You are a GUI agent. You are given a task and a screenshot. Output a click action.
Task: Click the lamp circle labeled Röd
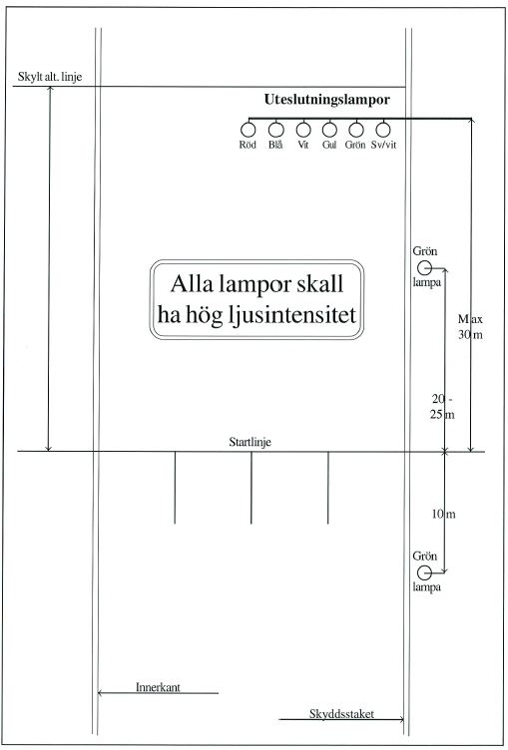249,130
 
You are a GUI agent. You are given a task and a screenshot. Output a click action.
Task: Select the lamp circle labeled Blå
275,130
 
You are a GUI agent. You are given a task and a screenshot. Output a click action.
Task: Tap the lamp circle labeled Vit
303,130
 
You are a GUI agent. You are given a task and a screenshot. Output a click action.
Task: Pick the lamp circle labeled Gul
329,130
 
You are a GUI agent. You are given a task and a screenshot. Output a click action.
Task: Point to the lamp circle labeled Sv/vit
383,130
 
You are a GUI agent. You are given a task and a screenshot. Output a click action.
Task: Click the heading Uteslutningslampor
327,100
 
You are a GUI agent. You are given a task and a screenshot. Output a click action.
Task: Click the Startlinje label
250,442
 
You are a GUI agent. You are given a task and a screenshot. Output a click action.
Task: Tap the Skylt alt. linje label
50,77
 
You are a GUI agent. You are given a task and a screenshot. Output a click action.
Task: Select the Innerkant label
158,687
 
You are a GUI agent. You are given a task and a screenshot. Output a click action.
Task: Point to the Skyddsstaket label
341,714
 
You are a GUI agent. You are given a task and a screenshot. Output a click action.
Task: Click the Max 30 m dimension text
470,327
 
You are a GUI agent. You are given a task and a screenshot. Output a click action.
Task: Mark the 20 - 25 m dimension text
442,407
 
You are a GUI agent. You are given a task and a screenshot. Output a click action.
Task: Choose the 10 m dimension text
443,515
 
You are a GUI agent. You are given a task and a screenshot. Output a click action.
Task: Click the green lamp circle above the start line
424,268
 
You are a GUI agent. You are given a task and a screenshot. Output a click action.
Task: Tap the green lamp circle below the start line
424,572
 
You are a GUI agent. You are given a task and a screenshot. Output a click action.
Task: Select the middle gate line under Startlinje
251,488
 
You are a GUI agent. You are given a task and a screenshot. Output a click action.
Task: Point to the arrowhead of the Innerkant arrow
100,692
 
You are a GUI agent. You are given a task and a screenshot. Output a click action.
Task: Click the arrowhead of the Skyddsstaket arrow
401,719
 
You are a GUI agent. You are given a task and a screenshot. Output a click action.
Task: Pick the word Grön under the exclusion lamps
355,145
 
